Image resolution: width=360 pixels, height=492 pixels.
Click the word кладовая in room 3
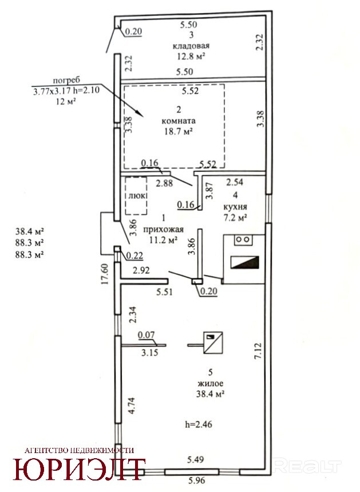pos(191,46)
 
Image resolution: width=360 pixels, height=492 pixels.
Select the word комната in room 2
pos(179,121)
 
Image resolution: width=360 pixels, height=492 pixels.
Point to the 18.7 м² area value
pos(178,132)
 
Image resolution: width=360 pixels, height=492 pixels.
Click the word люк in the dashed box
pos(137,195)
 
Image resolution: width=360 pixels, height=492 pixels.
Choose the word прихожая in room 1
pos(163,229)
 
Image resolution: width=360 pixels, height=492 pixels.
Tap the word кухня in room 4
pos(235,207)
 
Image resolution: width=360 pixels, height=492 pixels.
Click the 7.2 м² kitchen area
pos(235,217)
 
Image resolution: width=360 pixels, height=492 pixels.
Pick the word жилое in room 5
pos(211,383)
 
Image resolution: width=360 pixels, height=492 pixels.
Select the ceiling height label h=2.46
pos(199,424)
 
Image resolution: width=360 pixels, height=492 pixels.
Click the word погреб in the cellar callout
pos(66,80)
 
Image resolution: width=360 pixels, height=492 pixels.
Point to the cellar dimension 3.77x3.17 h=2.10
pos(66,90)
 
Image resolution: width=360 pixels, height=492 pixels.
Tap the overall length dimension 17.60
pos(105,274)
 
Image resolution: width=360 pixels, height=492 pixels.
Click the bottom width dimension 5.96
pos(196,480)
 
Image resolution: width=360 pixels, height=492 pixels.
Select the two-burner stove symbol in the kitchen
pos(243,240)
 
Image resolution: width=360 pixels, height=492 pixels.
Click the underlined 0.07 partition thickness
pos(147,335)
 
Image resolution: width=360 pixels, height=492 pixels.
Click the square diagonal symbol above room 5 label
pos(213,343)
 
